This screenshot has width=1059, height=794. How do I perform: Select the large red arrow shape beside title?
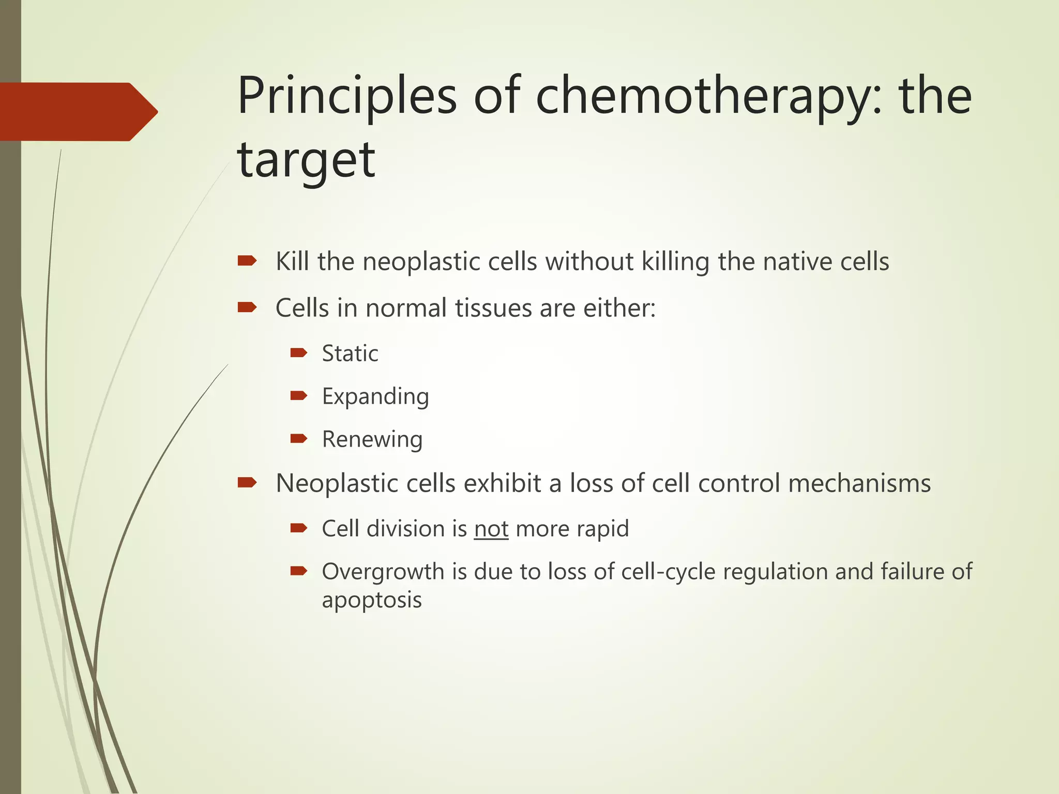pos(78,112)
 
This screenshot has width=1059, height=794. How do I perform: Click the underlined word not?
pos(491,529)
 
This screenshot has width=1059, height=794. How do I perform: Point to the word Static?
pos(350,354)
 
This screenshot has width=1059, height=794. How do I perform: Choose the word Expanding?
pos(375,397)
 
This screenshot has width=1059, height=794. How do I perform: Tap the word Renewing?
pos(372,440)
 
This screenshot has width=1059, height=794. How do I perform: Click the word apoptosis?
pos(372,600)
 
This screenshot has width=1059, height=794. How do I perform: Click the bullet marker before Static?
pos(299,353)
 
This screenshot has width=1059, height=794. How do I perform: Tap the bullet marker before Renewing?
pos(299,439)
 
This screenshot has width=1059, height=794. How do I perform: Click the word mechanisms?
pos(859,483)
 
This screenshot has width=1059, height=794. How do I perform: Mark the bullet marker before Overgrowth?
pos(299,571)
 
